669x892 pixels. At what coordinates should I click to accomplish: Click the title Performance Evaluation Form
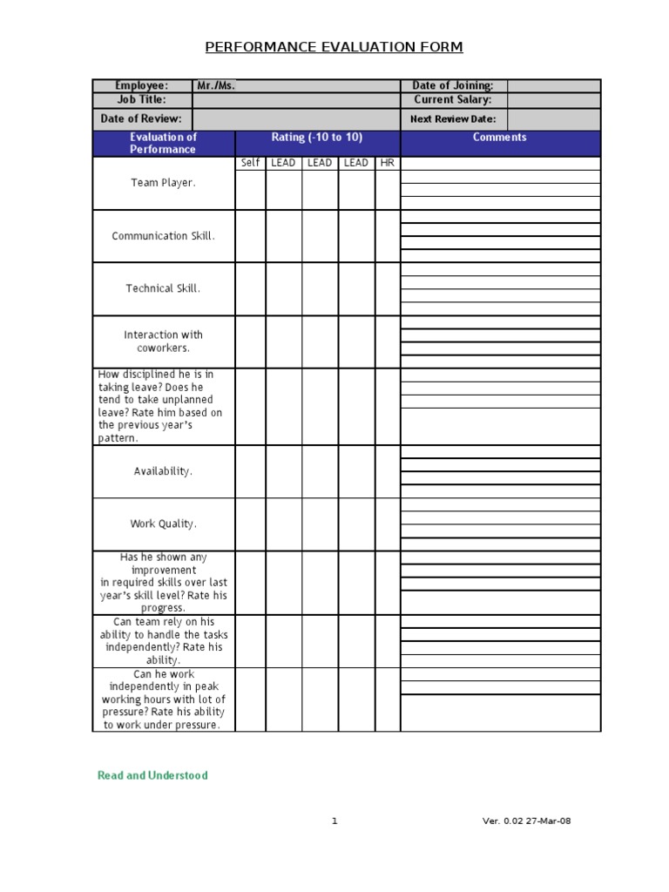[334, 47]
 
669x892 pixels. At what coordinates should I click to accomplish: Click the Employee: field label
[142, 85]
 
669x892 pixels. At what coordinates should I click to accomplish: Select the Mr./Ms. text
[216, 85]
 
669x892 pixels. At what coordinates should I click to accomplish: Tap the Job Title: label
[142, 99]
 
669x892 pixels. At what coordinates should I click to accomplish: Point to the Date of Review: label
[142, 118]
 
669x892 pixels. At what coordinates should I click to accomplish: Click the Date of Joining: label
[453, 85]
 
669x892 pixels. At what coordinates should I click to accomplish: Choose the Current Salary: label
[453, 99]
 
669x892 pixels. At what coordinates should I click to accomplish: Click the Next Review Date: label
[453, 118]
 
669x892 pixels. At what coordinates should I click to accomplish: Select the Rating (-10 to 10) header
[317, 138]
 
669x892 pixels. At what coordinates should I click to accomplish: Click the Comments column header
[500, 138]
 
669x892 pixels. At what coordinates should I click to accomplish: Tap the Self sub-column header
[250, 163]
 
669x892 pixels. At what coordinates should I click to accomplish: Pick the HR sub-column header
[388, 163]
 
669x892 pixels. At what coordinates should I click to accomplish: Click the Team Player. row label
[163, 183]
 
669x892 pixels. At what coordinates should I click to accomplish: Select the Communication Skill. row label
[163, 236]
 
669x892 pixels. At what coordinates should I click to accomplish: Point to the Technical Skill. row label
[163, 288]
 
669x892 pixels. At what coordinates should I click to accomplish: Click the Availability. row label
[163, 471]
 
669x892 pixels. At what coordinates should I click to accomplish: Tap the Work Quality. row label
[163, 524]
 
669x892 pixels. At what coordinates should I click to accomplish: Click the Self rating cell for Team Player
[250, 189]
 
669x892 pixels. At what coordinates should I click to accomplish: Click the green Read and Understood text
[152, 775]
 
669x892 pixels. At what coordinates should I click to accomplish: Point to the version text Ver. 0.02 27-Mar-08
[527, 821]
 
